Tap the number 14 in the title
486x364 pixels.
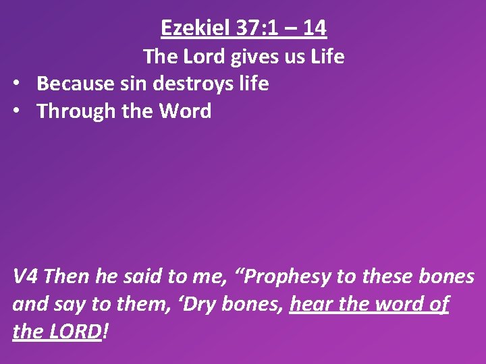(315, 28)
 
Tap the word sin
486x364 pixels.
(142, 84)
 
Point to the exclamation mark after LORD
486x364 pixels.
(106, 332)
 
